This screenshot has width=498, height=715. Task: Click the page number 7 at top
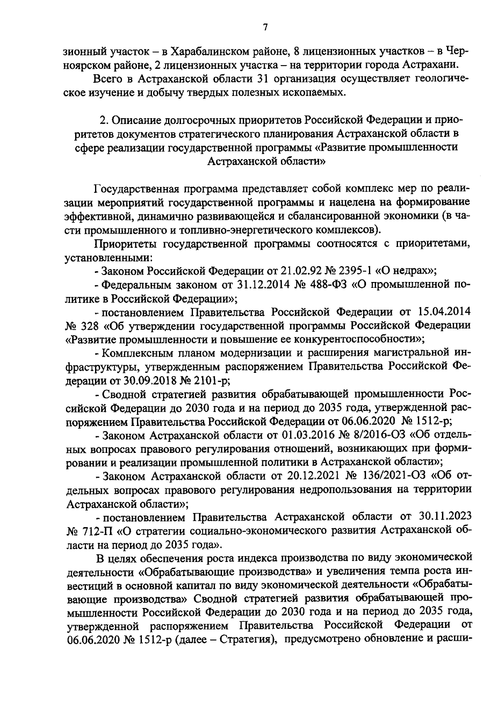pyautogui.click(x=265, y=27)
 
